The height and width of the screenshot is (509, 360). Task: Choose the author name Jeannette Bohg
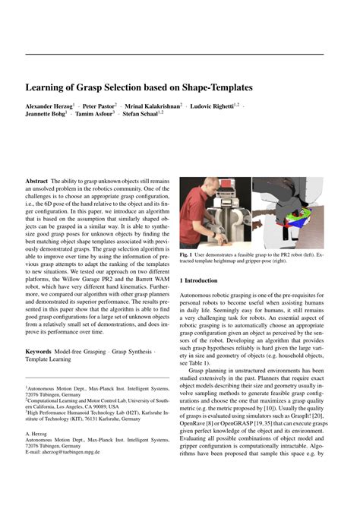point(46,115)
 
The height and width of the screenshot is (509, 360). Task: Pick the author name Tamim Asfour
point(95,115)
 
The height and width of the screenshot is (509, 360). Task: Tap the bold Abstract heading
point(36,182)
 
